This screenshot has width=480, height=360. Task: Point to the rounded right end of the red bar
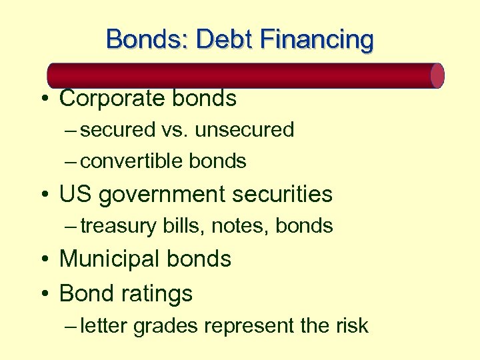click(437, 75)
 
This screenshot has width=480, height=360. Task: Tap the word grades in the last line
click(167, 325)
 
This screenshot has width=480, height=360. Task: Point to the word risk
click(351, 325)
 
